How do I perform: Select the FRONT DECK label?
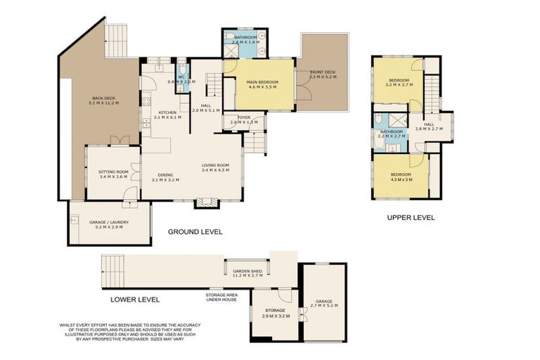pos(323,71)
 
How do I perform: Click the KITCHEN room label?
pos(167,112)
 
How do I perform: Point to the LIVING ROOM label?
pos(216,165)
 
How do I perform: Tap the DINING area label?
pos(165,175)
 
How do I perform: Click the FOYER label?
pos(244,117)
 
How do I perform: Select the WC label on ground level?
pos(181,77)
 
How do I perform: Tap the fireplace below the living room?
pos(207,203)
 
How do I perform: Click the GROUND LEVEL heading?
pos(195,231)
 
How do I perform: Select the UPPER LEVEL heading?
pos(411,218)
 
